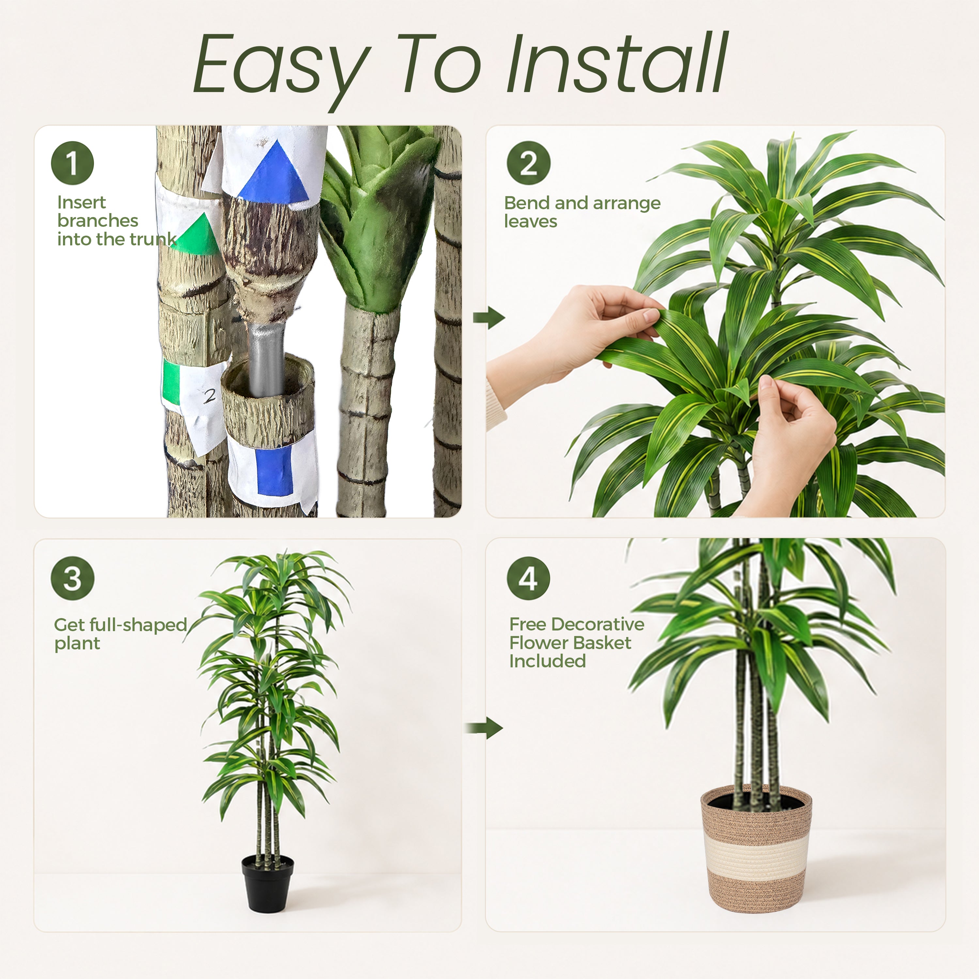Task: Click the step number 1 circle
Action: (72, 163)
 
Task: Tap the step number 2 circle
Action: (529, 163)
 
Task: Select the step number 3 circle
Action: (72, 578)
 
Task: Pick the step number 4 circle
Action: (529, 578)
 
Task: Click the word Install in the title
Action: (618, 63)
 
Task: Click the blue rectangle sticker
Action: (275, 469)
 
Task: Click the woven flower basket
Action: (756, 849)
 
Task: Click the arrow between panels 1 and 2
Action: (489, 318)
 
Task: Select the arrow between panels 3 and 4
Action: (484, 728)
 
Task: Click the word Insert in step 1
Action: (82, 202)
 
